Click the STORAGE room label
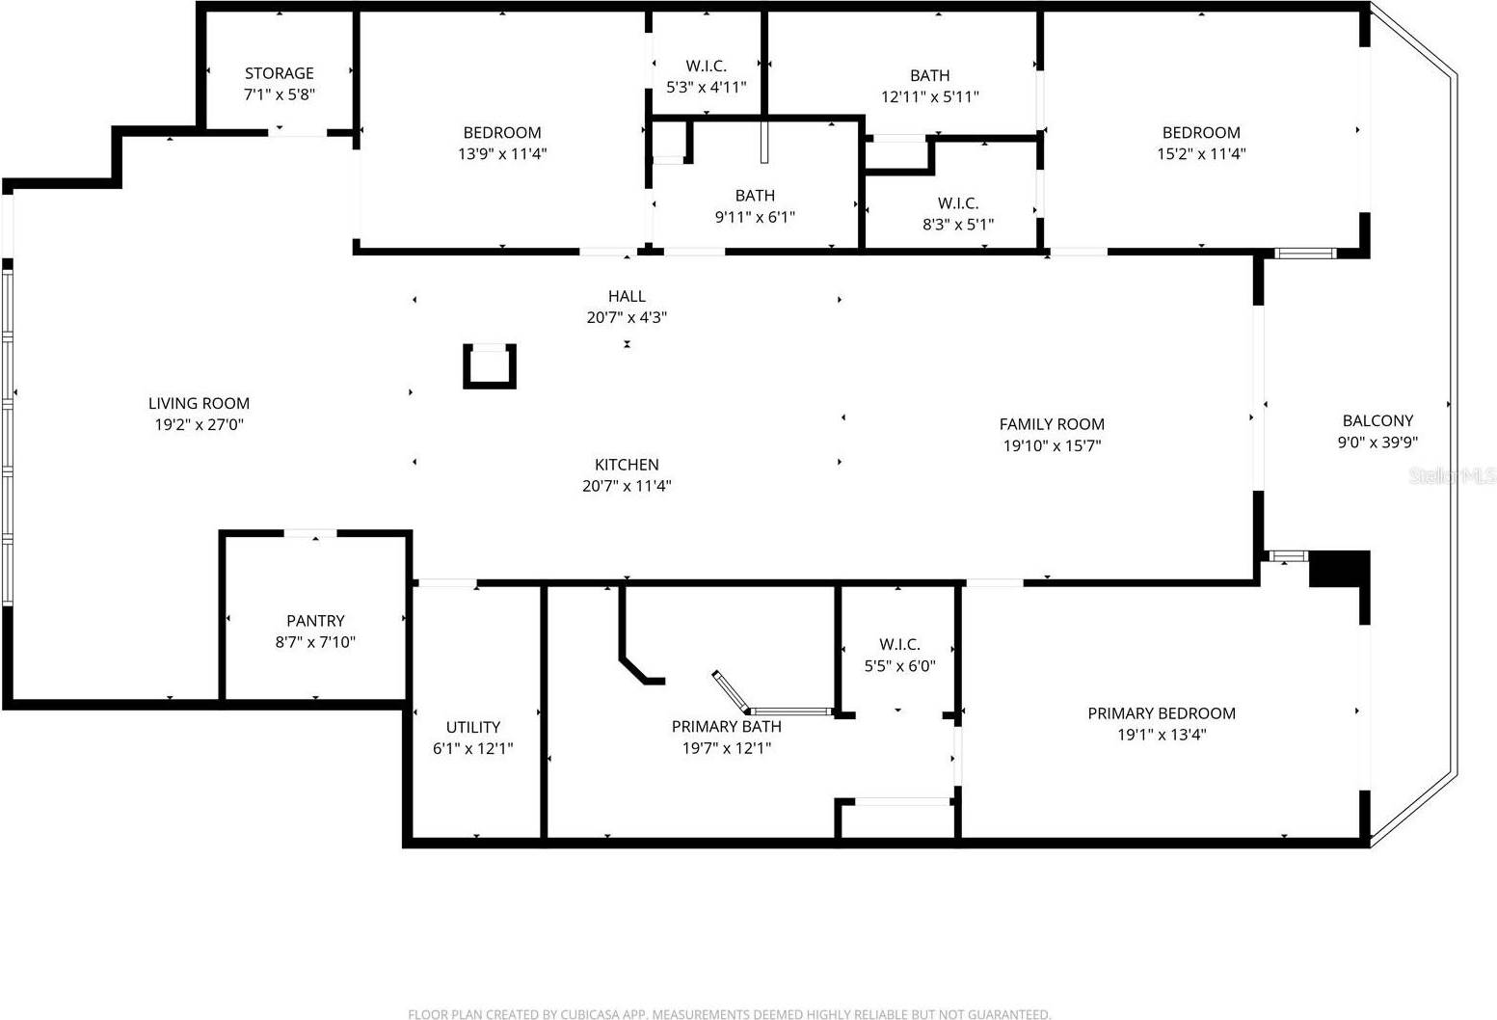[279, 73]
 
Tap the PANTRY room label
[315, 621]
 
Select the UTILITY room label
[472, 727]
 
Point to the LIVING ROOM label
[199, 403]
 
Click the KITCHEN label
[627, 465]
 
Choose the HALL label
[627, 296]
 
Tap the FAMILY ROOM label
[1052, 424]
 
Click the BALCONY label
[1377, 420]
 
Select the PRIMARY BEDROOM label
[1162, 713]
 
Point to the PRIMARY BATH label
[726, 726]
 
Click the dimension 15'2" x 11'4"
[1201, 153]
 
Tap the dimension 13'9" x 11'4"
[502, 153]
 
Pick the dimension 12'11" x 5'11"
[929, 96]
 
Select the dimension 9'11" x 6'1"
[755, 217]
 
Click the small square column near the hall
[490, 366]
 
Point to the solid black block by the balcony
[1340, 569]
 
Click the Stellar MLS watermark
[1452, 475]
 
